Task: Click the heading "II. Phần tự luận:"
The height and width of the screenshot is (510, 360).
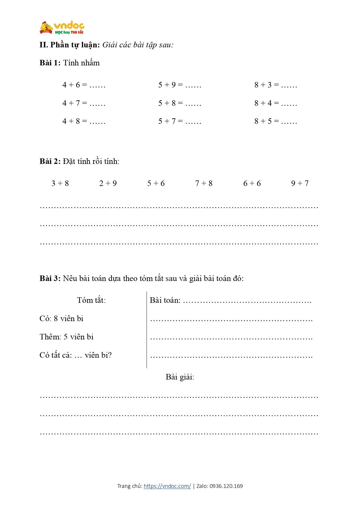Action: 70,45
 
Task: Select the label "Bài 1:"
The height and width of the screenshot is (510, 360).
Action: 50,63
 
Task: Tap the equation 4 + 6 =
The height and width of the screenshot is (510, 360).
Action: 75,85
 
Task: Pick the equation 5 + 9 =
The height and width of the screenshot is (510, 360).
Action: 170,85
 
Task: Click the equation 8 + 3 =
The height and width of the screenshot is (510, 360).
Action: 267,85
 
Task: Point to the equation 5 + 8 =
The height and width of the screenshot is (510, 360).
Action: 170,103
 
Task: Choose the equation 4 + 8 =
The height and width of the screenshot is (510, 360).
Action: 75,121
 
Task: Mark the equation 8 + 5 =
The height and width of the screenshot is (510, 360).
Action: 267,121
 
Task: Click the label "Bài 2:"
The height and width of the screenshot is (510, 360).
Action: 50,161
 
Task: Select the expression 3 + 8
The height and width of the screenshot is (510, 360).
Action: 60,183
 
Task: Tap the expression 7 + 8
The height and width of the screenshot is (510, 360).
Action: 204,183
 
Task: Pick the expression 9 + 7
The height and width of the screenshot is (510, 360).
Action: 300,183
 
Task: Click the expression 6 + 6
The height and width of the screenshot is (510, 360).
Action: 252,183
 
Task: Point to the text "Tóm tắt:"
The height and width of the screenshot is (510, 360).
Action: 91,300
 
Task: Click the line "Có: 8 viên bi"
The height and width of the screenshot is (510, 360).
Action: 61,318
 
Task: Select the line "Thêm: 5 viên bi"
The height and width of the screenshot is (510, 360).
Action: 66,337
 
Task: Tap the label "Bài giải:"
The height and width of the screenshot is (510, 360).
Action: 180,377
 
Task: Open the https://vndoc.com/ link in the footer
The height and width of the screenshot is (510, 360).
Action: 167,486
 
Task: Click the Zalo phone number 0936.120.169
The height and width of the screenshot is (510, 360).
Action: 226,486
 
